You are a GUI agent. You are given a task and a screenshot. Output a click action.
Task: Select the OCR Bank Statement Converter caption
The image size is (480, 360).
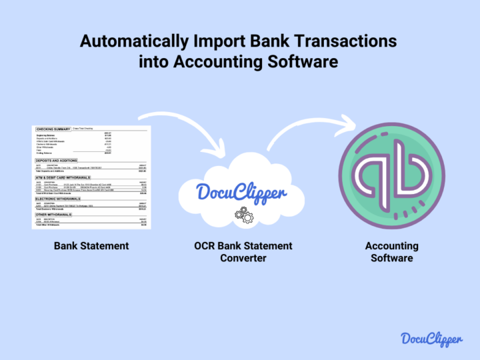pos(243,252)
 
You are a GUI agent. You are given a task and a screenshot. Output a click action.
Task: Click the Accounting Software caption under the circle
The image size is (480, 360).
pos(391,252)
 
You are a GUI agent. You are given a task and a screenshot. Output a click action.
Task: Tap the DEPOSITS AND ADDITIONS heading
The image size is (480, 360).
pos(56,161)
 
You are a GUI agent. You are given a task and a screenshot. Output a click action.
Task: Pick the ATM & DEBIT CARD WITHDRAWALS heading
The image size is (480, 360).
pos(62,178)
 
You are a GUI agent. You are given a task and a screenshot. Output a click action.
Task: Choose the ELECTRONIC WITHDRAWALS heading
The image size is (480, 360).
pos(57,199)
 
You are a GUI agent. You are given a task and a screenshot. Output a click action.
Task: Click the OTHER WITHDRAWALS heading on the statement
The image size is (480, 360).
pos(53,215)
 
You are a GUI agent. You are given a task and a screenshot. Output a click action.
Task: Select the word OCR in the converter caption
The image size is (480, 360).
pos(204,246)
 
